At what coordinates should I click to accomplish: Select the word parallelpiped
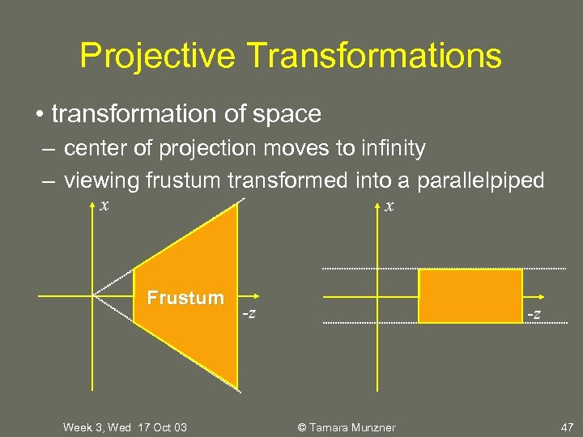coord(481,180)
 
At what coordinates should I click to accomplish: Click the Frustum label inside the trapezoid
coord(185,298)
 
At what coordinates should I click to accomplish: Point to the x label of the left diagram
coord(104,205)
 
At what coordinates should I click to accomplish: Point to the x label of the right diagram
coord(389,206)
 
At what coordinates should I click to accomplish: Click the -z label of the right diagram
coord(535,313)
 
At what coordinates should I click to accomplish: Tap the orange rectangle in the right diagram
coord(470,296)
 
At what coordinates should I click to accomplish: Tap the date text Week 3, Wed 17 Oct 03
coord(125,427)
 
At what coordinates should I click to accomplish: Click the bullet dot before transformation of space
coord(40,114)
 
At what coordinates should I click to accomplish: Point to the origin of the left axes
coord(93,295)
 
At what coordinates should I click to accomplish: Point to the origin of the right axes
coord(378,295)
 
